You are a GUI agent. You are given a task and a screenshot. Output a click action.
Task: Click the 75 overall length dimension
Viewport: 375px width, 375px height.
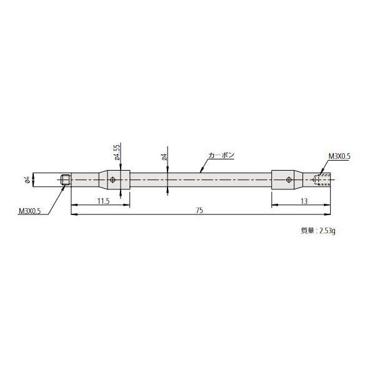point(199,211)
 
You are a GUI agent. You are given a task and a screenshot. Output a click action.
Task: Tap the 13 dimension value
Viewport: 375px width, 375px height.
point(302,201)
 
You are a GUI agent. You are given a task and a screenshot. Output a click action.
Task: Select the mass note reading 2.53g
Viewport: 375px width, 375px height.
point(318,230)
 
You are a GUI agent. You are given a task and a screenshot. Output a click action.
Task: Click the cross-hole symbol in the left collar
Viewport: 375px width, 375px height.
point(112,181)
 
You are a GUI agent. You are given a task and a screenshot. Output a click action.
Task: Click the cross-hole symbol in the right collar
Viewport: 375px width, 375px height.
point(288,181)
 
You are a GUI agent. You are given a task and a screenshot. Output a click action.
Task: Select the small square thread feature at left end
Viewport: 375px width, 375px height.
point(66,181)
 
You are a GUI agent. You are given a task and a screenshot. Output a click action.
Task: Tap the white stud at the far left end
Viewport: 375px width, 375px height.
point(49,181)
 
